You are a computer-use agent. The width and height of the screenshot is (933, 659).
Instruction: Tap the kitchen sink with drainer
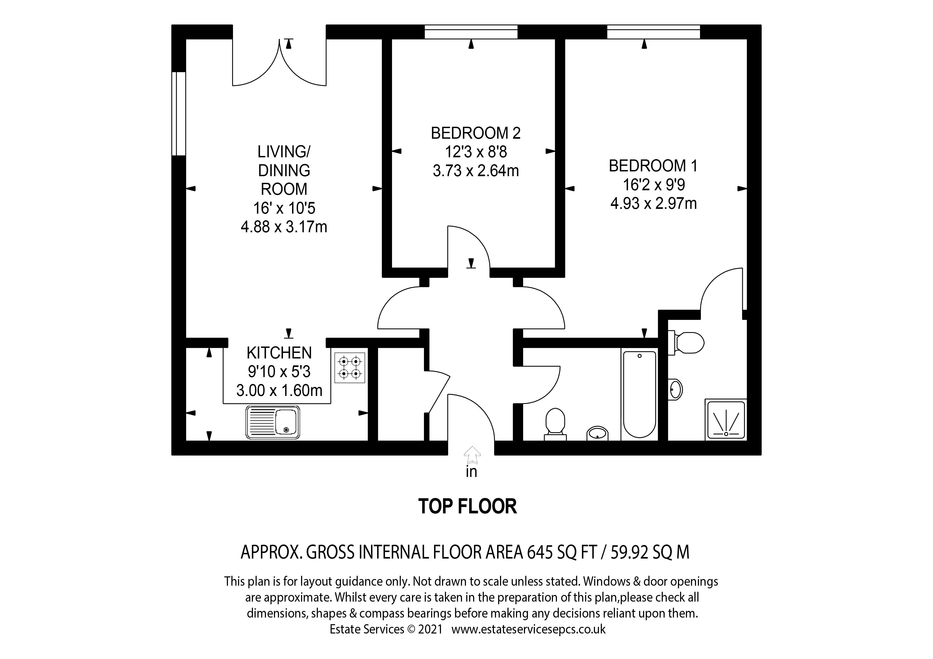tap(273, 422)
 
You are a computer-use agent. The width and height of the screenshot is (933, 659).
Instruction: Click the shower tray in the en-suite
tap(726, 420)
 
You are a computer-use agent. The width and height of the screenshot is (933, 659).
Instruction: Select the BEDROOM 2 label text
tap(476, 133)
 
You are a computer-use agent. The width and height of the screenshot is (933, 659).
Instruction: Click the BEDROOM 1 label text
tap(653, 166)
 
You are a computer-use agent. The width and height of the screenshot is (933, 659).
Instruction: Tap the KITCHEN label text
tap(279, 353)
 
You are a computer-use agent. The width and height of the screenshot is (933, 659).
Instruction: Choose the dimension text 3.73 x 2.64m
tap(476, 171)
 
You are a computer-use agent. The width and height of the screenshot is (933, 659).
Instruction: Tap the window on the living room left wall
tap(179, 114)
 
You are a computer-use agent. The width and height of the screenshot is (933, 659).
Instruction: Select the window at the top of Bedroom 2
tap(471, 32)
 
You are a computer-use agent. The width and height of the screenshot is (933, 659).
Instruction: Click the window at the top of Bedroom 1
tap(653, 32)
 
